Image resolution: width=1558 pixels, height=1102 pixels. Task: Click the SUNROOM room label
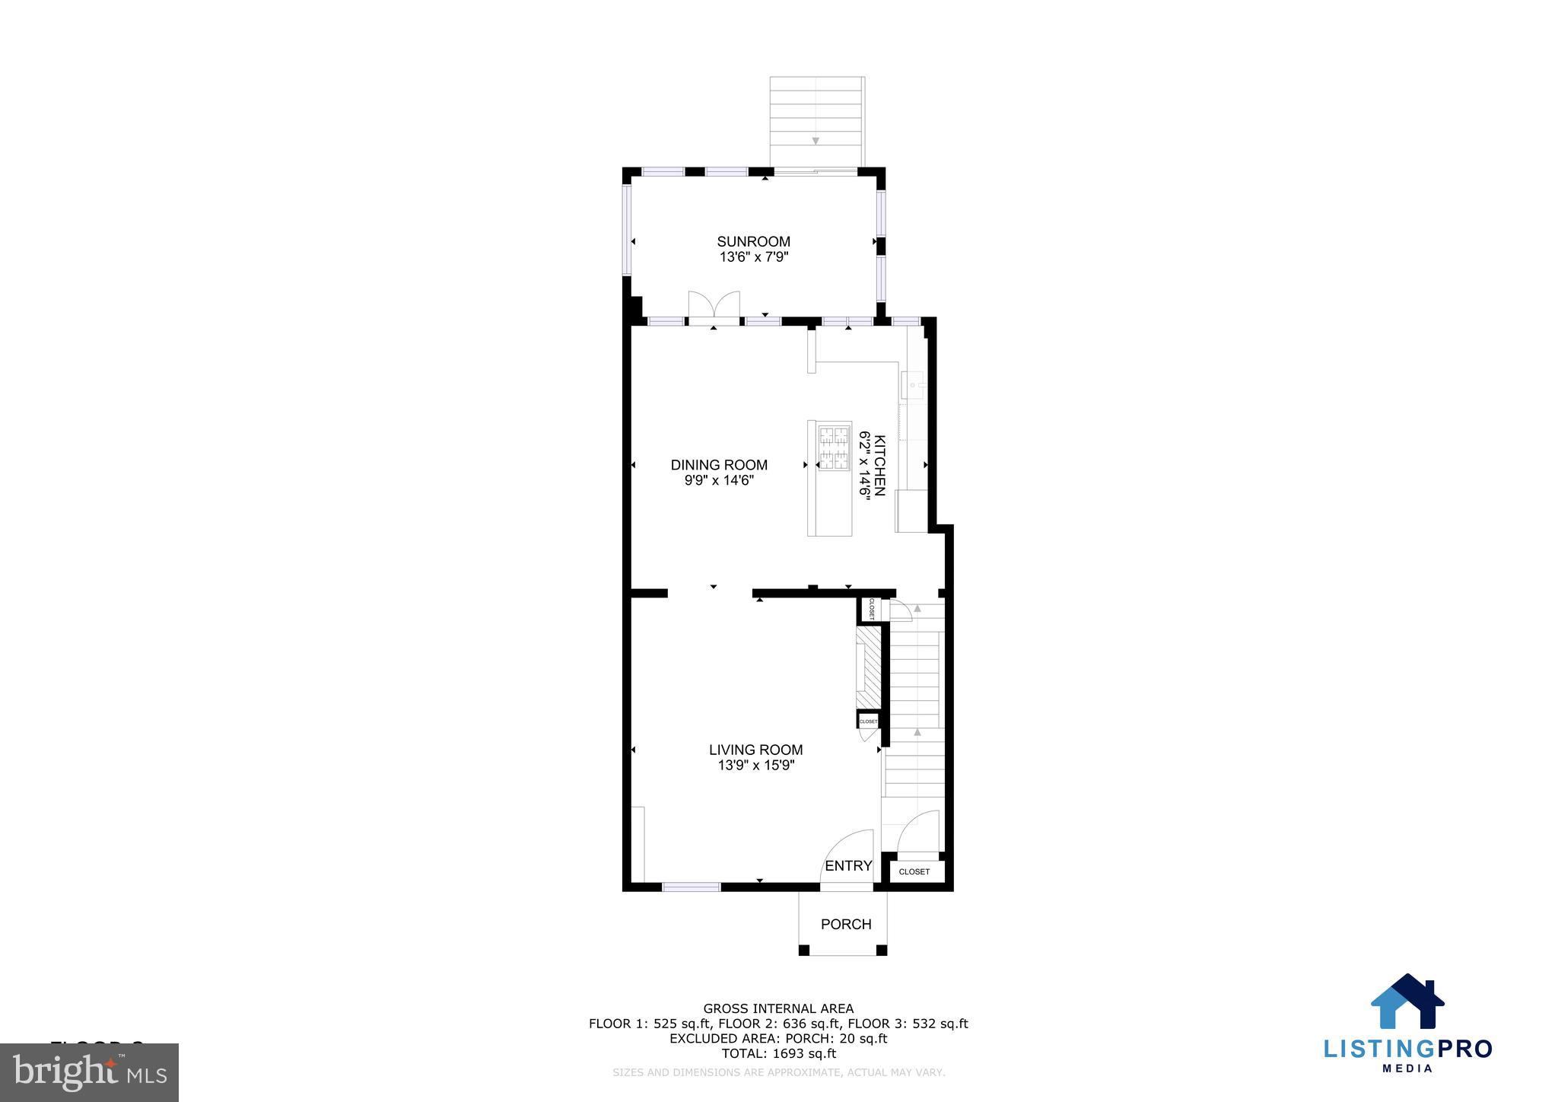point(753,241)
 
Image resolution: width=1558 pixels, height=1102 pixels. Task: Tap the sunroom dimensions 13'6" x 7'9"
point(753,257)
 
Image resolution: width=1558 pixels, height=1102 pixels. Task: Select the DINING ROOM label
point(718,464)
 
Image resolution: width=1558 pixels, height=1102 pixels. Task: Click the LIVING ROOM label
point(755,750)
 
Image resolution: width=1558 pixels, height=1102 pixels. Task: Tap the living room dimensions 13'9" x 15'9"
point(755,766)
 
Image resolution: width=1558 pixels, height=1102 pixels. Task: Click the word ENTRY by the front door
point(847,865)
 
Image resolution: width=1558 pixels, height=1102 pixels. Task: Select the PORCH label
point(845,924)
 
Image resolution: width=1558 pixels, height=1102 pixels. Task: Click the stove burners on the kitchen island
point(833,448)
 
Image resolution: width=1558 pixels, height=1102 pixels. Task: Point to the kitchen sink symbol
point(913,385)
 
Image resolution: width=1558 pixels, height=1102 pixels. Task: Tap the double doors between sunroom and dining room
point(714,307)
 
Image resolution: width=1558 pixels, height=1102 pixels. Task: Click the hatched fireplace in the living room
point(868,667)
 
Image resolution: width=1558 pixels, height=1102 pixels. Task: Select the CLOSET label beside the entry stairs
point(914,871)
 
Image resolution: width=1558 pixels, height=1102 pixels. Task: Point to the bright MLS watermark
point(90,1072)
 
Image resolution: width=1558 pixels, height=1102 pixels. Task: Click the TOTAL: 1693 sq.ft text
point(777,1053)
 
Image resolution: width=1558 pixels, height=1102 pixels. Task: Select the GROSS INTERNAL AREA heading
point(777,1009)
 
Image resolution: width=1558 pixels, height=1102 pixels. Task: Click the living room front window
point(691,887)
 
